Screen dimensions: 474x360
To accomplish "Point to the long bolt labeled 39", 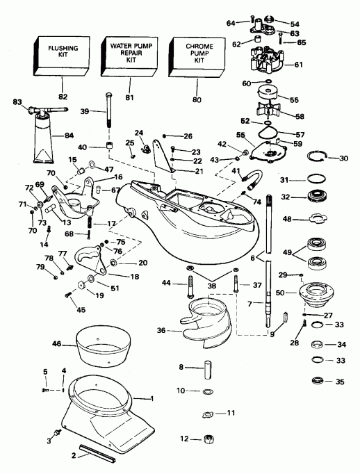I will coord(108,111).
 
